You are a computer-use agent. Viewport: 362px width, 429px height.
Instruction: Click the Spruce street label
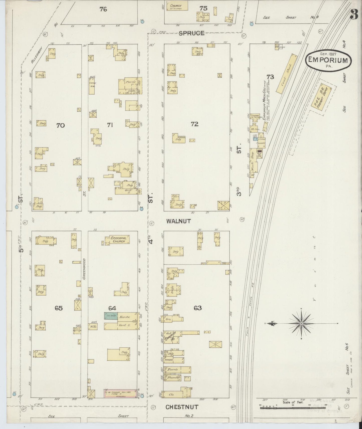click(192, 33)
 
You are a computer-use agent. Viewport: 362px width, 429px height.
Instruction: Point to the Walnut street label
click(179, 221)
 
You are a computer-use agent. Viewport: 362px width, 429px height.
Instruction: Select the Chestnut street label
click(182, 407)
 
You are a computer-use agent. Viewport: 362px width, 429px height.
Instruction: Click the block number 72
click(194, 124)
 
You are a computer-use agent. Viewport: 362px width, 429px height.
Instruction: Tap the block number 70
click(60, 125)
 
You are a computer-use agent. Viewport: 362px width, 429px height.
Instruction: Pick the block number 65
click(59, 308)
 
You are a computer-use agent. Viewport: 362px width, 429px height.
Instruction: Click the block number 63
click(198, 308)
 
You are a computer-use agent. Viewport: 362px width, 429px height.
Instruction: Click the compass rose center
click(301, 324)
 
